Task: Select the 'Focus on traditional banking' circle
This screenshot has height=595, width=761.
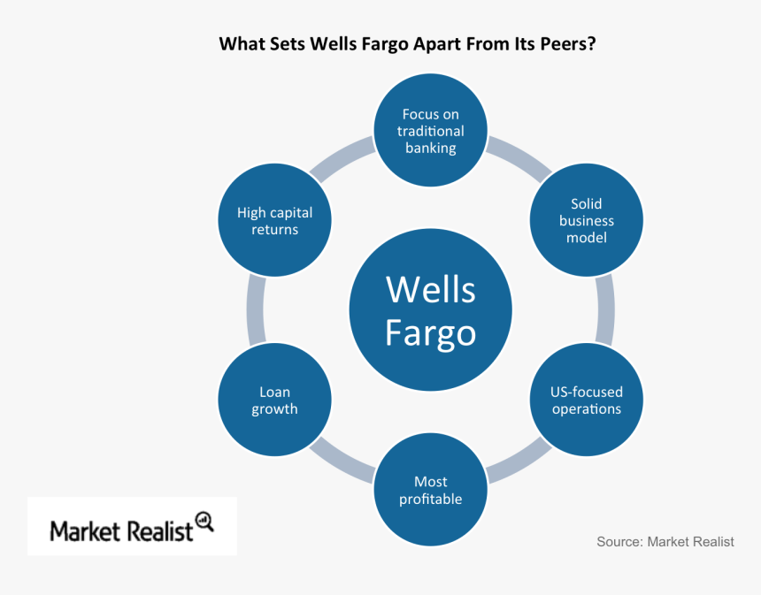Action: (x=431, y=131)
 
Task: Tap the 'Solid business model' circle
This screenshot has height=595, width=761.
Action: (x=586, y=221)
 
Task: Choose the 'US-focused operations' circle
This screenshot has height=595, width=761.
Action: (x=586, y=400)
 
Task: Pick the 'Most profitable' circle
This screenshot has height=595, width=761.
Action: (x=430, y=491)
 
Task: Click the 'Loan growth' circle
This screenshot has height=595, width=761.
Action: (x=274, y=400)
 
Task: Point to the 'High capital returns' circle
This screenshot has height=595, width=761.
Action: (x=274, y=221)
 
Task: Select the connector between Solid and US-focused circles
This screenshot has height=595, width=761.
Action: (x=605, y=309)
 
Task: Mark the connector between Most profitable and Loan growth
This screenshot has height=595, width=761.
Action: (x=343, y=462)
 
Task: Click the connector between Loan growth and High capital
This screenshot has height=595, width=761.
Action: (x=256, y=309)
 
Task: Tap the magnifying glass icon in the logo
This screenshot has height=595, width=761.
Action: (x=204, y=522)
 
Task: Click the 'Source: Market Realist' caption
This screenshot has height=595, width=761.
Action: (x=665, y=542)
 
